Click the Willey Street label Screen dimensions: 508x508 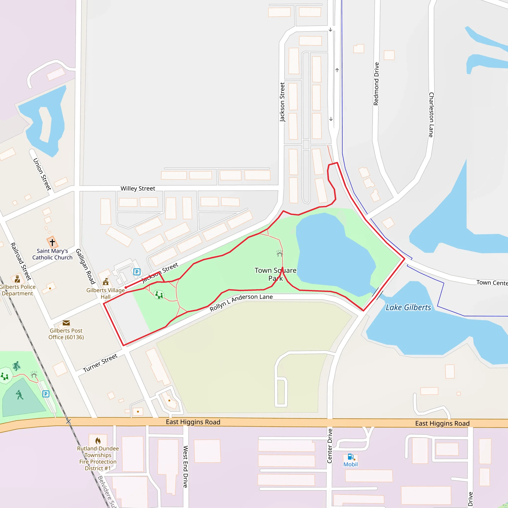[138, 189]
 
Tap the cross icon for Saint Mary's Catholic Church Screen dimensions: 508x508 [52, 242]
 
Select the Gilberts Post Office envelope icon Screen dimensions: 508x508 [66, 323]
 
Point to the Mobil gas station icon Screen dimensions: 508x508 [350, 456]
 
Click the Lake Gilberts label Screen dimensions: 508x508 [408, 307]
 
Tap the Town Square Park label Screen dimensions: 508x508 [275, 274]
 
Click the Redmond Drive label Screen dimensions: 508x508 [376, 84]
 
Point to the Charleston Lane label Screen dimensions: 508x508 [431, 115]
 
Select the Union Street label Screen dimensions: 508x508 [42, 174]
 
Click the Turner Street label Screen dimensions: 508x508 [100, 363]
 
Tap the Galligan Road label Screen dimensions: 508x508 [86, 266]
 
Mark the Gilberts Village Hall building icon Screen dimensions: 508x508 [106, 282]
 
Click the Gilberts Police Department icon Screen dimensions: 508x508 [17, 279]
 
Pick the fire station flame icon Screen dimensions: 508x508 [98, 441]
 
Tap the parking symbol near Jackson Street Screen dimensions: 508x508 [137, 272]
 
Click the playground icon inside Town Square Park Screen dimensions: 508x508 [159, 295]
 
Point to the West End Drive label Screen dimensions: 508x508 [186, 467]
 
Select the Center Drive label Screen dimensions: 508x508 [330, 446]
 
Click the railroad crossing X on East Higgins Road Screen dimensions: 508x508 [68, 421]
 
